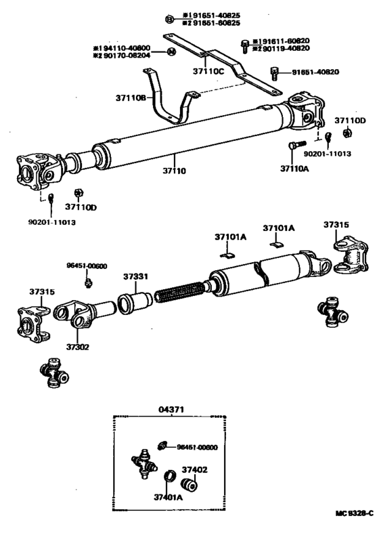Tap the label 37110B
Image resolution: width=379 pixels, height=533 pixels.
click(130, 98)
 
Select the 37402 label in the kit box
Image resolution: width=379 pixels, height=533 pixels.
click(196, 469)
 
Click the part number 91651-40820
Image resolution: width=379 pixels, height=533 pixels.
click(316, 72)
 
